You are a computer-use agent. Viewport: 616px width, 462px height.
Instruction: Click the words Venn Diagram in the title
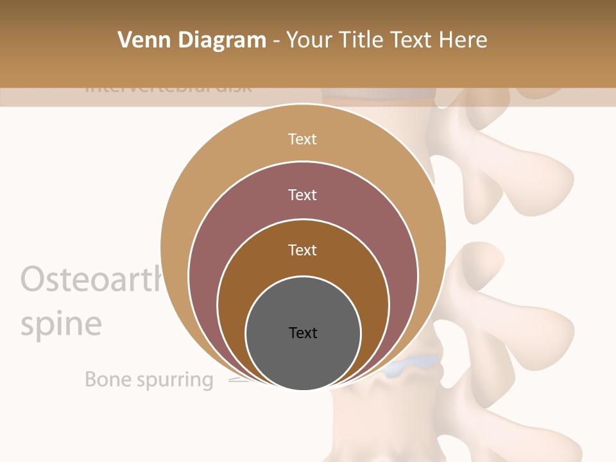pyautogui.click(x=192, y=40)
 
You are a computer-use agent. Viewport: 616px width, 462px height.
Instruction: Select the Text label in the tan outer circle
pyautogui.click(x=302, y=139)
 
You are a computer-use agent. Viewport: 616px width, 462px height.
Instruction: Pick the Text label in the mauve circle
pyautogui.click(x=302, y=194)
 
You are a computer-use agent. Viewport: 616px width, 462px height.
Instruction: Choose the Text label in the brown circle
pyautogui.click(x=302, y=250)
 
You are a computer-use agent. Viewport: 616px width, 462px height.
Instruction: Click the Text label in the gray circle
pyautogui.click(x=303, y=332)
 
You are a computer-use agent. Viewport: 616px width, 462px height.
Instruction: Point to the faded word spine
pyautogui.click(x=61, y=324)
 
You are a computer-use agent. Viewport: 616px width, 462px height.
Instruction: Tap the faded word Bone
pyautogui.click(x=107, y=379)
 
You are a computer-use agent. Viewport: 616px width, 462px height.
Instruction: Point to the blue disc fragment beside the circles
pyautogui.click(x=411, y=364)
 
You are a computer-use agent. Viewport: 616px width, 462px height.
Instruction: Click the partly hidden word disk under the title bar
pyautogui.click(x=234, y=88)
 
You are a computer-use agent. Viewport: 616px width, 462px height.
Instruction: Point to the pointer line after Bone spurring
pyautogui.click(x=237, y=380)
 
